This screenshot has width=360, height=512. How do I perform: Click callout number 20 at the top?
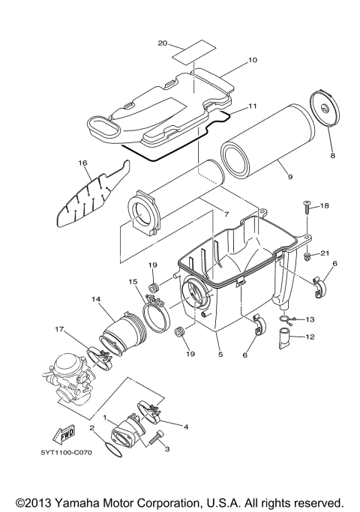click(163, 43)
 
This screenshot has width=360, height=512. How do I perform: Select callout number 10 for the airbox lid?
click(252, 58)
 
